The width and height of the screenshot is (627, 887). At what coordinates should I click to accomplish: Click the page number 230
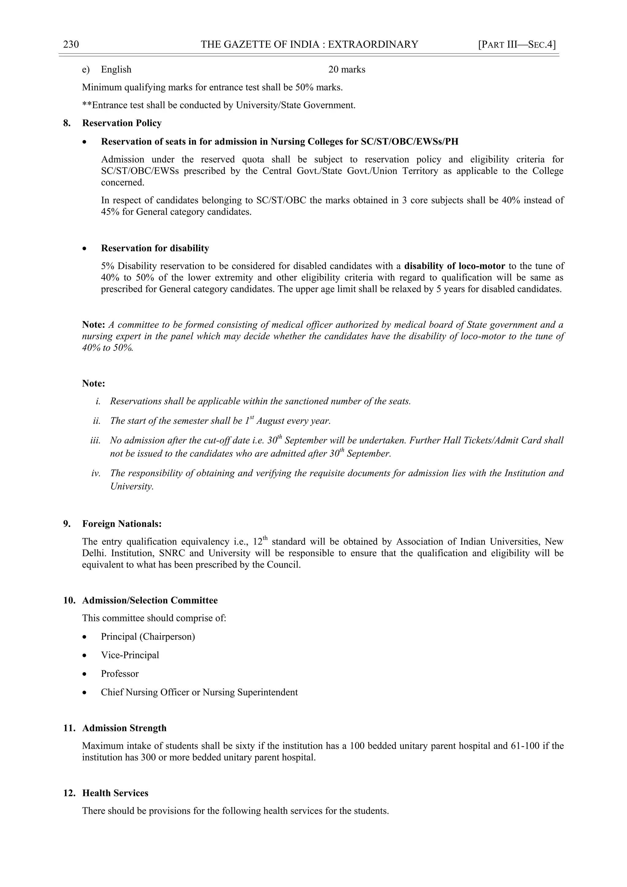71,44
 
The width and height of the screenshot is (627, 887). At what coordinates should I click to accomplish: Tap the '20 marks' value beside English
347,70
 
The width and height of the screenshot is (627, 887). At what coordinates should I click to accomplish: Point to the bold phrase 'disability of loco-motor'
454,266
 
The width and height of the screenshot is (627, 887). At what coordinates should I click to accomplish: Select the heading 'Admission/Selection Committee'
150,600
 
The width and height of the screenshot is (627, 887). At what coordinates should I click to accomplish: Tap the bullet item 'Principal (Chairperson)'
148,636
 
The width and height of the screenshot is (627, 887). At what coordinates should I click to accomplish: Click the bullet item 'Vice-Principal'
130,655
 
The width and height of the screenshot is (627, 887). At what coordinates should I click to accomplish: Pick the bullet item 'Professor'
120,673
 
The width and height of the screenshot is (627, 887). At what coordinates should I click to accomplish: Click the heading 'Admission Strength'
124,728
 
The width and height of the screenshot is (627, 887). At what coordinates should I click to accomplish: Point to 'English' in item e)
116,70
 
